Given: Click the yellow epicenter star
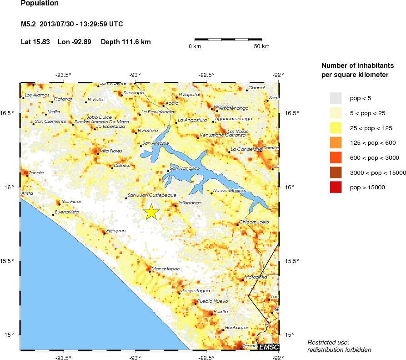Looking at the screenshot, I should click(x=151, y=212).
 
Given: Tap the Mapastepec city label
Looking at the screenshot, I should click(x=165, y=269).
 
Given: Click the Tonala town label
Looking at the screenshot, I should click(x=36, y=173).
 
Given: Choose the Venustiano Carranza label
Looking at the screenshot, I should click(x=221, y=135).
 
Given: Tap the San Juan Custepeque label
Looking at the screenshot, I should click(x=152, y=195).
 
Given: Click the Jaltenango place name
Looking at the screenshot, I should click(x=190, y=203).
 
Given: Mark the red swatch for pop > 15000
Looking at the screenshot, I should click(x=336, y=187).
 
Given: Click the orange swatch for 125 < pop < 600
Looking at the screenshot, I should click(x=336, y=142).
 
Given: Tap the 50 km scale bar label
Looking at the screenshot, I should click(x=261, y=46).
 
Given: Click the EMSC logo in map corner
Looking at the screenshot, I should click(x=268, y=347).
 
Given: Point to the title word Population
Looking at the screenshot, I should click(x=40, y=4).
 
